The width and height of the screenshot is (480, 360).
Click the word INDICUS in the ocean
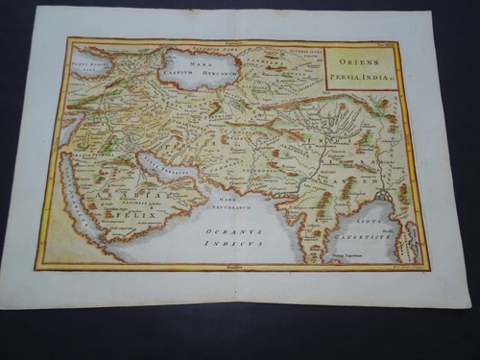coord(232,243)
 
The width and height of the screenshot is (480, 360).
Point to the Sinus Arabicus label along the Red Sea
coord(80,198)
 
